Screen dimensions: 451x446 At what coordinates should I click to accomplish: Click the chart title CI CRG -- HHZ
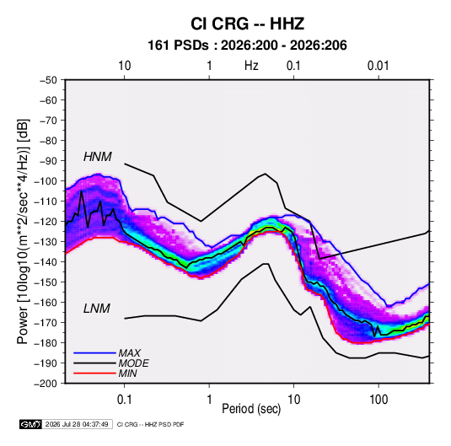[x=247, y=24]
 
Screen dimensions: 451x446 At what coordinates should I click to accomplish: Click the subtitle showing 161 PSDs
[x=247, y=46]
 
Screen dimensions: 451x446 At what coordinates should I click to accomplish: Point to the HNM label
[x=98, y=157]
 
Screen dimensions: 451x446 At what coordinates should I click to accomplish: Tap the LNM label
[x=97, y=309]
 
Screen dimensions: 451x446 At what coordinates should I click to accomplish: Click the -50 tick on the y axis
[x=48, y=80]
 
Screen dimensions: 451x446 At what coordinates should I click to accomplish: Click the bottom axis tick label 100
[x=379, y=400]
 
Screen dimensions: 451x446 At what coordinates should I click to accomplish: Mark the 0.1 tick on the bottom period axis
[x=124, y=400]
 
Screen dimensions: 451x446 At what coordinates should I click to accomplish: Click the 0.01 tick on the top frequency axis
[x=378, y=66]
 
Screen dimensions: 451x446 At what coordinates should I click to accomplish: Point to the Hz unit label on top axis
[x=251, y=66]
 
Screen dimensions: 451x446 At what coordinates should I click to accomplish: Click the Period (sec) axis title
[x=251, y=409]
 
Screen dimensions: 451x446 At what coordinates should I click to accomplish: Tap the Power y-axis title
[x=23, y=231]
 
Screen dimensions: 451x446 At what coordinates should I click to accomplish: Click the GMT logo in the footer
[x=30, y=424]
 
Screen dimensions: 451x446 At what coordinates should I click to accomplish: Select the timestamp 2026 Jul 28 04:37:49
[x=77, y=424]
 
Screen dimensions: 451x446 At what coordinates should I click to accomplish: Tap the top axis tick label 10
[x=125, y=66]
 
